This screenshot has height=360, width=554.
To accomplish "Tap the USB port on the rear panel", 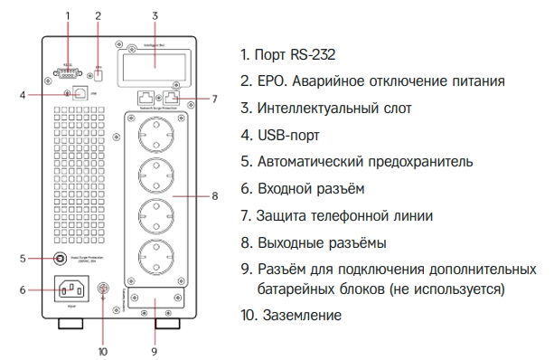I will [x=80, y=93].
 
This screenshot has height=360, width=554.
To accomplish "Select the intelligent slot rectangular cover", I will [x=153, y=58].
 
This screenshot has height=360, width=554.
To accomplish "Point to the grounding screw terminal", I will [x=102, y=291].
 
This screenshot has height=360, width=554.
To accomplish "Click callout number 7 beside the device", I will [x=214, y=99].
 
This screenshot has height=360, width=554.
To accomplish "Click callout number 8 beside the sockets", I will [x=214, y=195].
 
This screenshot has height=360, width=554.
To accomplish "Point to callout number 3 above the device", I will [x=155, y=15].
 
